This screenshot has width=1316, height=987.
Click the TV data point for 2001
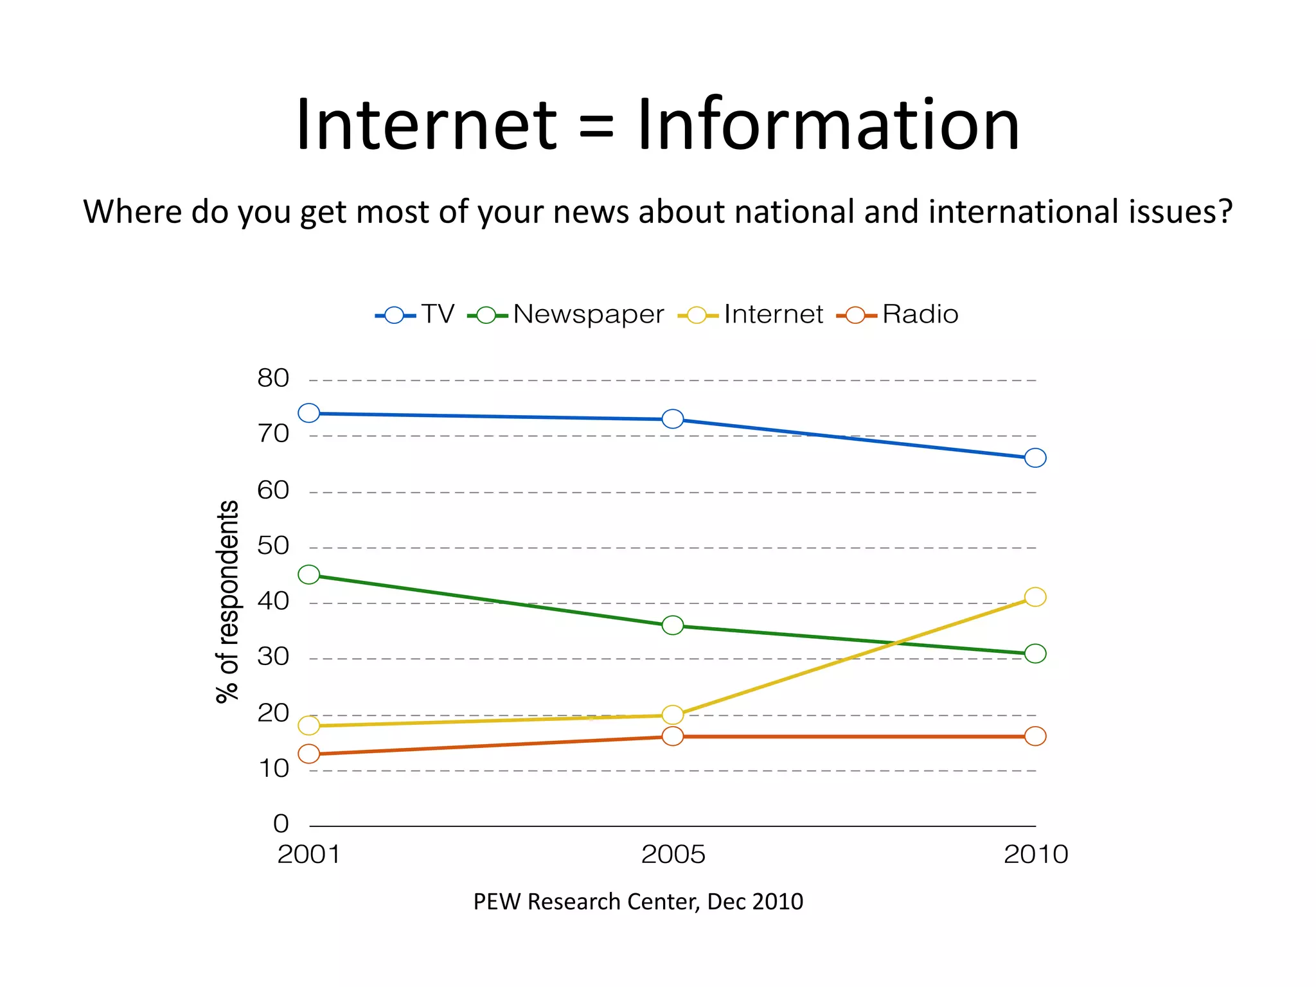(x=309, y=413)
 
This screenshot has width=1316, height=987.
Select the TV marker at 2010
(x=1035, y=458)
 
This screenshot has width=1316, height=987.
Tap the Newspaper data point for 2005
(x=673, y=625)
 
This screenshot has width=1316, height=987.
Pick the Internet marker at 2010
(x=1035, y=597)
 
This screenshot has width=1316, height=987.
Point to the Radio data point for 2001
(x=309, y=754)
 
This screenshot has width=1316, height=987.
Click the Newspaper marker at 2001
(x=309, y=574)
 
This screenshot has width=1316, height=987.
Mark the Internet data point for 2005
(x=673, y=715)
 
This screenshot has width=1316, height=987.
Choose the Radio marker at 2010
(x=1035, y=736)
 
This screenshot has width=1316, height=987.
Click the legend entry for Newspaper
(x=587, y=315)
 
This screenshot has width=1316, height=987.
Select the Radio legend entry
(x=920, y=315)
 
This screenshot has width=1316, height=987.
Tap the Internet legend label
(x=773, y=315)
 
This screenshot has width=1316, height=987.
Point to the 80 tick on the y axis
(x=273, y=378)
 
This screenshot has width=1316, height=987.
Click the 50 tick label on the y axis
(x=273, y=546)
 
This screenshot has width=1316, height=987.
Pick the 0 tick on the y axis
(x=281, y=824)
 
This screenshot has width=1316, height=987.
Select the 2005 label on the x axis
(x=673, y=855)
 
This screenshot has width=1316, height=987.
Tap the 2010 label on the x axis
(x=1035, y=855)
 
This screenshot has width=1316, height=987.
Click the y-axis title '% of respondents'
(x=227, y=601)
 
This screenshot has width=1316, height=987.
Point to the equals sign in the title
(x=596, y=127)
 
